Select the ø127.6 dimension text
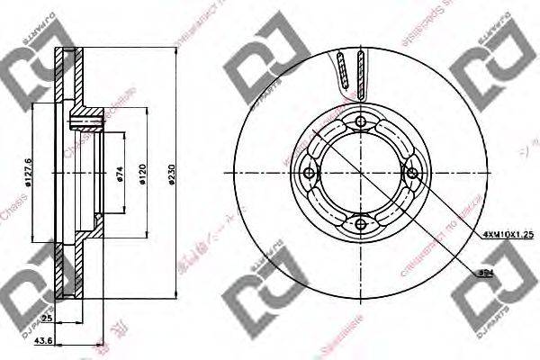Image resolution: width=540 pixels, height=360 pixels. click(30, 173)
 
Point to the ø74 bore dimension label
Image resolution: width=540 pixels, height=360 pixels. click(120, 175)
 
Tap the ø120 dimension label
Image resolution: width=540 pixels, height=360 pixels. click(144, 175)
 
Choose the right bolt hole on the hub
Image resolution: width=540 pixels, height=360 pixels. click(411, 174)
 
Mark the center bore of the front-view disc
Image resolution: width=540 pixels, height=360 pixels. click(360, 174)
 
